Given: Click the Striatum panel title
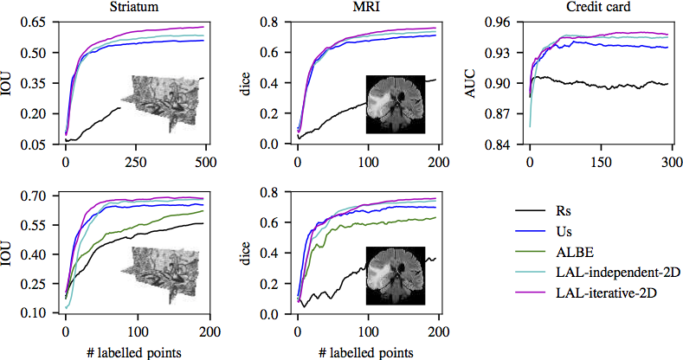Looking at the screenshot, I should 132,6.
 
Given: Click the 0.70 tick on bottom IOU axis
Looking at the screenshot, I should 41,196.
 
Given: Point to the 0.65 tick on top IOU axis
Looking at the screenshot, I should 41,22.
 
